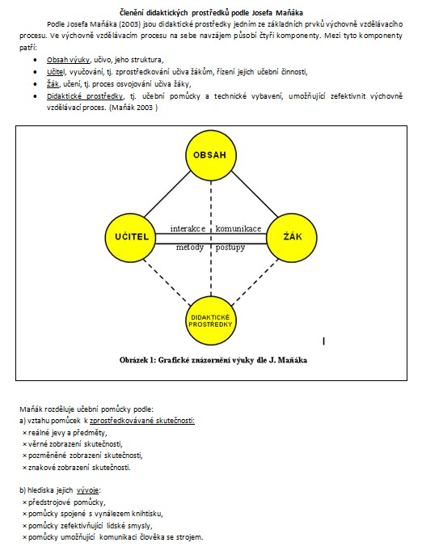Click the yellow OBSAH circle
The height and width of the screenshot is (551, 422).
click(x=211, y=155)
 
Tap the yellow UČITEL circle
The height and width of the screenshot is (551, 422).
click(x=131, y=236)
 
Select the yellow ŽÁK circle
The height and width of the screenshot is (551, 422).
click(x=292, y=236)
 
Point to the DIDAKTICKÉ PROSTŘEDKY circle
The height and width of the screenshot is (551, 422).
click(x=211, y=320)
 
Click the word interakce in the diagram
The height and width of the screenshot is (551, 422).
click(x=188, y=229)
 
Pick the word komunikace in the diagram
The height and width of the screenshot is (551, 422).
click(x=238, y=229)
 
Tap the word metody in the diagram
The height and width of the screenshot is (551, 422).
click(x=190, y=248)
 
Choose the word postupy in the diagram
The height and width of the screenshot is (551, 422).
click(x=230, y=248)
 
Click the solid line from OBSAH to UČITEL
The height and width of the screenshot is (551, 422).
click(x=168, y=194)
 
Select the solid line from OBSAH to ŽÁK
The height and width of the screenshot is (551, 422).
click(x=254, y=194)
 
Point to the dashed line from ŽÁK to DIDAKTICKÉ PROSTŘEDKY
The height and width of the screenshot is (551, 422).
click(x=255, y=282)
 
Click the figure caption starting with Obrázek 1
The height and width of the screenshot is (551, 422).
click(x=213, y=360)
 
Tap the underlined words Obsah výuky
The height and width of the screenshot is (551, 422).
click(x=69, y=60)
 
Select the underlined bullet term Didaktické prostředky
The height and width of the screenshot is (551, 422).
click(x=86, y=96)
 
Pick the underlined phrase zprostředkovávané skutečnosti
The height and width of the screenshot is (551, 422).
click(x=142, y=421)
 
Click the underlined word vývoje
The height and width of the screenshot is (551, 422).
click(x=88, y=490)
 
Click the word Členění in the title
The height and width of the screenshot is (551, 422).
click(x=131, y=13)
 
